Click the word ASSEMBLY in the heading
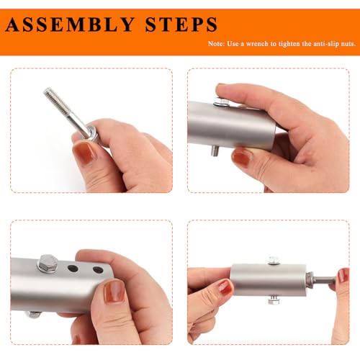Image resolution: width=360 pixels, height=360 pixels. [70, 24]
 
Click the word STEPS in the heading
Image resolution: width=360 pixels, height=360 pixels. [181, 24]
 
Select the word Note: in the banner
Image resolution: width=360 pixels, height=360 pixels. [217, 44]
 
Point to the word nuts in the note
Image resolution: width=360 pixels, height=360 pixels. [348, 44]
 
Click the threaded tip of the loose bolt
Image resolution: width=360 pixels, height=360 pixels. [48, 92]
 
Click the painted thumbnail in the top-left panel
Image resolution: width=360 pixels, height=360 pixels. [84, 152]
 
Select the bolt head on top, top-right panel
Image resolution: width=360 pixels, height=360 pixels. [222, 102]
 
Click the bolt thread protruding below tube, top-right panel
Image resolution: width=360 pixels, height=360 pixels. [215, 150]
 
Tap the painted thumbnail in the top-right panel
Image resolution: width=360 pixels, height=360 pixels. [242, 158]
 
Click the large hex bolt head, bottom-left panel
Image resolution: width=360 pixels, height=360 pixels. [48, 263]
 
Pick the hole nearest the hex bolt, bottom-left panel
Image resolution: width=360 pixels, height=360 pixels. [73, 268]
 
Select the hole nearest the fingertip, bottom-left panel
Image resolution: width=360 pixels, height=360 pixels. [98, 270]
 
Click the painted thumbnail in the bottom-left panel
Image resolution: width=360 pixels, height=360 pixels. [115, 292]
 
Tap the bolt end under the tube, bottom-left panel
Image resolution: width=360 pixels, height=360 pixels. [33, 314]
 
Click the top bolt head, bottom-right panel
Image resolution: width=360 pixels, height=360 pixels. [274, 261]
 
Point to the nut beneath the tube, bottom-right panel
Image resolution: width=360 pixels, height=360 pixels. [274, 300]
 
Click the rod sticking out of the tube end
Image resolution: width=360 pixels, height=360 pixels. [323, 279]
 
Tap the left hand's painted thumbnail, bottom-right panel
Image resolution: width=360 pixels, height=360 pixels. [225, 287]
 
